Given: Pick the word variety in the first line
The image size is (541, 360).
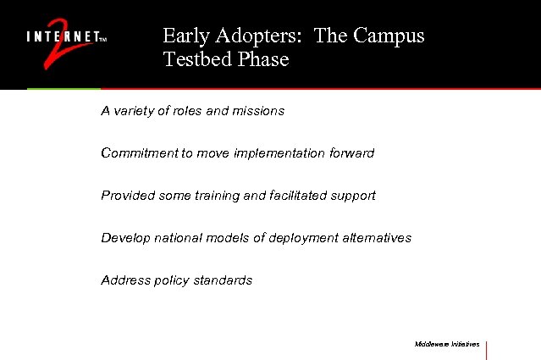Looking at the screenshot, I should click(x=135, y=111).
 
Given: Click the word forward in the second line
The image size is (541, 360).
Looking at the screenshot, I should click(x=351, y=153).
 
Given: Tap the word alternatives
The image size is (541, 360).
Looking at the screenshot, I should click(x=377, y=238).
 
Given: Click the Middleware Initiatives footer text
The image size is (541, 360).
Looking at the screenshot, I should click(x=447, y=345).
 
